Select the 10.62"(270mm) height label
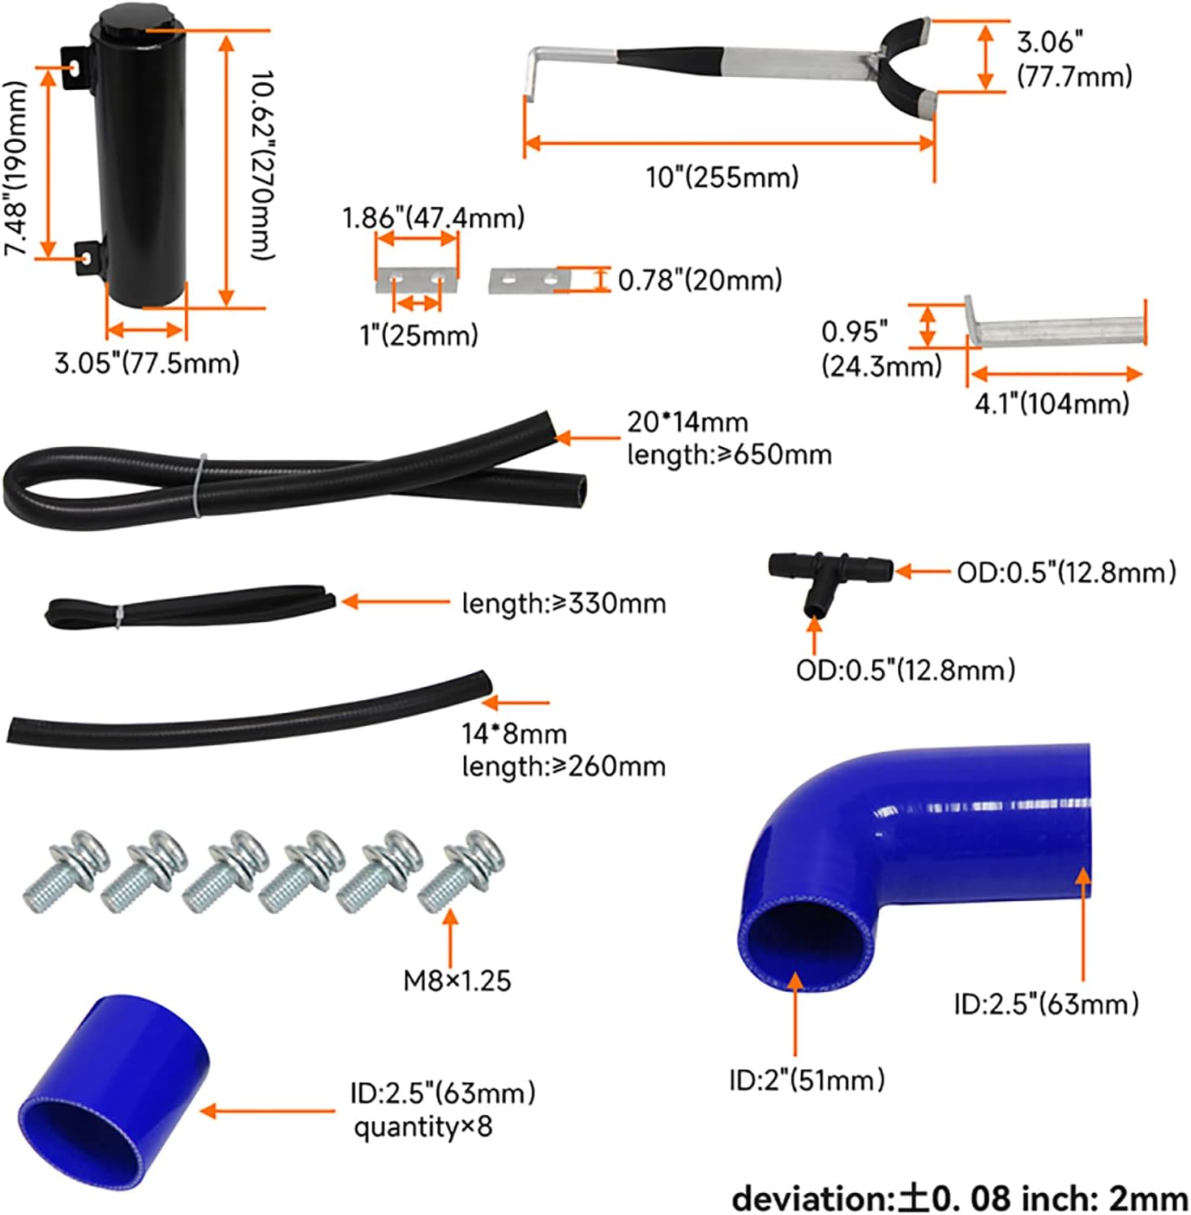click(x=261, y=165)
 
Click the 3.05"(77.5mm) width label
click(x=147, y=363)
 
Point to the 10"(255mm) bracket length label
click(x=722, y=177)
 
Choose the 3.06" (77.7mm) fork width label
click(x=1073, y=59)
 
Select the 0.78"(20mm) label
click(x=700, y=281)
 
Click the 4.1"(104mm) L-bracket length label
click(x=1052, y=403)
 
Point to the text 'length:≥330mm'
click(x=563, y=603)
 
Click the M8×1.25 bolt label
click(x=457, y=981)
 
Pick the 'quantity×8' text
click(x=422, y=1127)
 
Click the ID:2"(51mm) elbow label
click(x=807, y=1080)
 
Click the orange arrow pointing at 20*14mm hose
click(x=586, y=438)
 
